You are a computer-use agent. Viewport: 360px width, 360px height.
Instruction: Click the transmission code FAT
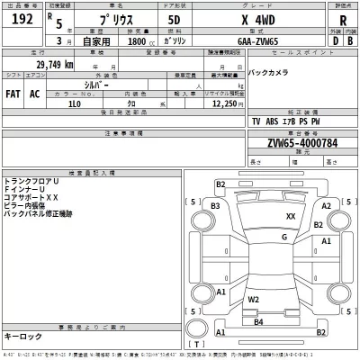coord(13,94)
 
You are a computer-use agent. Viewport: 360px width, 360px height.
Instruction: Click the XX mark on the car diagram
coord(290,217)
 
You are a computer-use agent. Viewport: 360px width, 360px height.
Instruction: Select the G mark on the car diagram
coord(284,237)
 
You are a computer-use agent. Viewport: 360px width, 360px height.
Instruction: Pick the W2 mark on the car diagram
coord(254,299)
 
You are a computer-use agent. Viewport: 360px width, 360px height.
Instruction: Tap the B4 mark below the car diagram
coord(257,321)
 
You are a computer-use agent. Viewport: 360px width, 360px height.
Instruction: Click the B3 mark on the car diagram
coord(215,205)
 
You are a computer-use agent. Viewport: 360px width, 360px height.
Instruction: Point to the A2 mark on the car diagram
coord(328,205)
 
